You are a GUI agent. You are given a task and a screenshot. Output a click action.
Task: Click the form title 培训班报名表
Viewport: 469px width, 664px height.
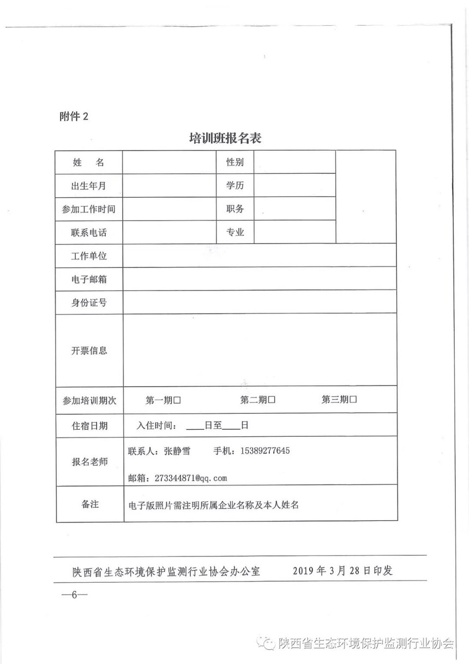(225, 138)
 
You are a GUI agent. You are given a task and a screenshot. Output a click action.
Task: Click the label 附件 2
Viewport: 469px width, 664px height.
(73, 117)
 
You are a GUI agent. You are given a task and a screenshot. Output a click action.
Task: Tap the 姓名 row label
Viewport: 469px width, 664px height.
(88, 163)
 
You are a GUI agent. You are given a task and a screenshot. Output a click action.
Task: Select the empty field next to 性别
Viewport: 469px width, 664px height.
(294, 163)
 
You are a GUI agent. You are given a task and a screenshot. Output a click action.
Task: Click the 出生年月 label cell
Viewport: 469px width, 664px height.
(88, 186)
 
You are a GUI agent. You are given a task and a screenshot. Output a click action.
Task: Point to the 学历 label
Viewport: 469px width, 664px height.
(235, 186)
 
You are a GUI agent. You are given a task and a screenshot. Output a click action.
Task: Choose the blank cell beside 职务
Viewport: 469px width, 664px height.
(294, 209)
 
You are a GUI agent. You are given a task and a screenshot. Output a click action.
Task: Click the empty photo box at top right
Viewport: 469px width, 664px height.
(365, 197)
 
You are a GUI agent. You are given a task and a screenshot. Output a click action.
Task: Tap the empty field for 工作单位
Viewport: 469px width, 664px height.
(260, 256)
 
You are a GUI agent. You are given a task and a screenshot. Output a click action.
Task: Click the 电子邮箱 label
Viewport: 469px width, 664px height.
(89, 280)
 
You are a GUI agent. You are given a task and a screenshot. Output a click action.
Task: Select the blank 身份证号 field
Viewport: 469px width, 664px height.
(260, 302)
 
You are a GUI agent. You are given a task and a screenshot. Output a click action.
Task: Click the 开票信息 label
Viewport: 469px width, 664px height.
(89, 350)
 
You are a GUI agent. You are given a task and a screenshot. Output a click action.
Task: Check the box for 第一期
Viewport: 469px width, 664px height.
(177, 400)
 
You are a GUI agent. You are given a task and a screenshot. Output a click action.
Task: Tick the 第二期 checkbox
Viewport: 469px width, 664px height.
(272, 400)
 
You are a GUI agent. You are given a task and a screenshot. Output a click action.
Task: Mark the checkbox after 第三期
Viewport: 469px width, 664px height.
(353, 400)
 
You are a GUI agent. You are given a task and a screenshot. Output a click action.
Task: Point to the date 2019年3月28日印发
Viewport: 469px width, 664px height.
(342, 571)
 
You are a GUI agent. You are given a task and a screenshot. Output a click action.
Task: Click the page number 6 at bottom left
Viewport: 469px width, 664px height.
(71, 595)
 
